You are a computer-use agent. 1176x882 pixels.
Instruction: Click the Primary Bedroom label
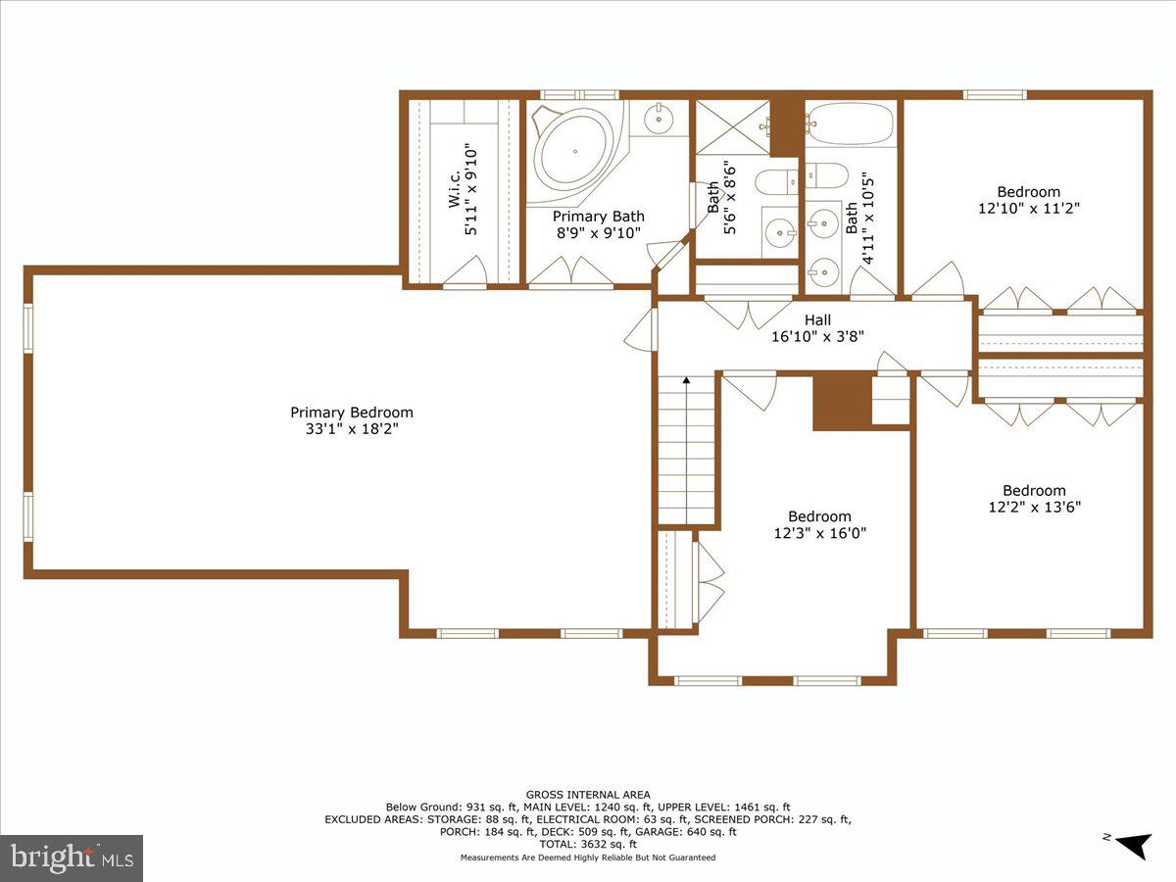352,413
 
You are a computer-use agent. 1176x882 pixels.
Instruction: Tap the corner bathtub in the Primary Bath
573,152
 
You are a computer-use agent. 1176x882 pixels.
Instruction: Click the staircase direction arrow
686,380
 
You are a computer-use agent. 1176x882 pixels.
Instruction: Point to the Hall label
817,319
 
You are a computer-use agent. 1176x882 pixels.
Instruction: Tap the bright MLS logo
72,857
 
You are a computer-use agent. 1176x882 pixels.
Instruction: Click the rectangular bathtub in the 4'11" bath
850,125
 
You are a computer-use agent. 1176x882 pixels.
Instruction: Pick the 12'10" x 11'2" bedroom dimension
1029,209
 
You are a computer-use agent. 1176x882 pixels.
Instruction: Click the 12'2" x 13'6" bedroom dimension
1034,508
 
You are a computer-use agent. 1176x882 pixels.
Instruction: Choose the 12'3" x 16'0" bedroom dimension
820,533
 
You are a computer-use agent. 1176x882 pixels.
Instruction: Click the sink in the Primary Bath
659,120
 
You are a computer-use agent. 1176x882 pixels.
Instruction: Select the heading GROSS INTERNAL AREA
588,795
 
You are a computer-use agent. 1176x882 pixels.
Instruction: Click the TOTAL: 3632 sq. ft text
588,844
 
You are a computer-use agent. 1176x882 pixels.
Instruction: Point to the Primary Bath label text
599,217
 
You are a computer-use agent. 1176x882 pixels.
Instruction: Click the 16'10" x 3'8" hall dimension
817,336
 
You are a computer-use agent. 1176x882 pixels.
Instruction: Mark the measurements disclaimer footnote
588,857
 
